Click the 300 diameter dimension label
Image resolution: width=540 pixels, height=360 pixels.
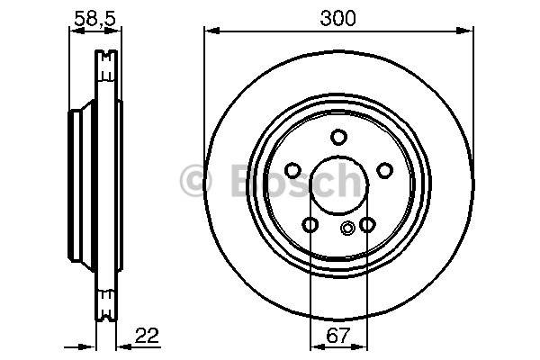click(x=337, y=19)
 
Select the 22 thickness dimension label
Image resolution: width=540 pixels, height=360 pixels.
click(x=147, y=335)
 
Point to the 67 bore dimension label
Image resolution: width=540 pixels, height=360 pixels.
click(x=337, y=335)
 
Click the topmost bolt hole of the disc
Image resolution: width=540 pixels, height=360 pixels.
click(x=338, y=137)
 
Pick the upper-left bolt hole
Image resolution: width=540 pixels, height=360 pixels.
click(x=293, y=170)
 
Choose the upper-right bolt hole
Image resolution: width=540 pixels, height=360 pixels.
click(x=384, y=170)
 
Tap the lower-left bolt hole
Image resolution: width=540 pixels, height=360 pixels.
click(x=310, y=225)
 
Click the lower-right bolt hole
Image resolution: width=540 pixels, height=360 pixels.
click(x=367, y=225)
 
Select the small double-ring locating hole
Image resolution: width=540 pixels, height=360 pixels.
click(x=347, y=228)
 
